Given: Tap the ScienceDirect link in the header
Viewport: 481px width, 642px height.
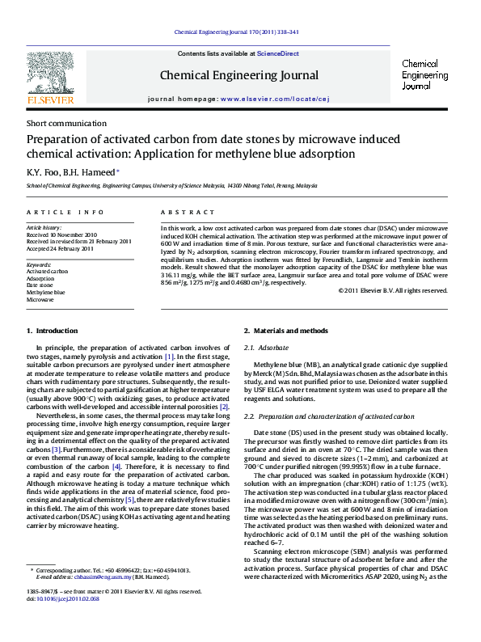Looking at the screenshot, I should point(277,54).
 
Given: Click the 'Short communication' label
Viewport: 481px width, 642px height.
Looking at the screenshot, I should point(66,124).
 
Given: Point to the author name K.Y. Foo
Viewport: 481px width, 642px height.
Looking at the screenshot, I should point(44,171).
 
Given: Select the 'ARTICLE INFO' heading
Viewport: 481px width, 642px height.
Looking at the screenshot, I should point(65,212).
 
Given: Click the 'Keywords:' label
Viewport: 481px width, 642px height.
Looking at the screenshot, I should point(39,264).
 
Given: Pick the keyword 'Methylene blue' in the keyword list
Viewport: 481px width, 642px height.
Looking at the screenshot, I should point(46,292).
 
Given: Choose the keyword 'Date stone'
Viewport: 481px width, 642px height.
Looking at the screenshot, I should point(40,285).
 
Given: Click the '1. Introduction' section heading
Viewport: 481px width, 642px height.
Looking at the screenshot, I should point(53,331).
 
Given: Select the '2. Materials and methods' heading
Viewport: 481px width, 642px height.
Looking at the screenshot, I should point(285,331).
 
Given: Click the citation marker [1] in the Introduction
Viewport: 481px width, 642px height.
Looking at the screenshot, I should point(169,357).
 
